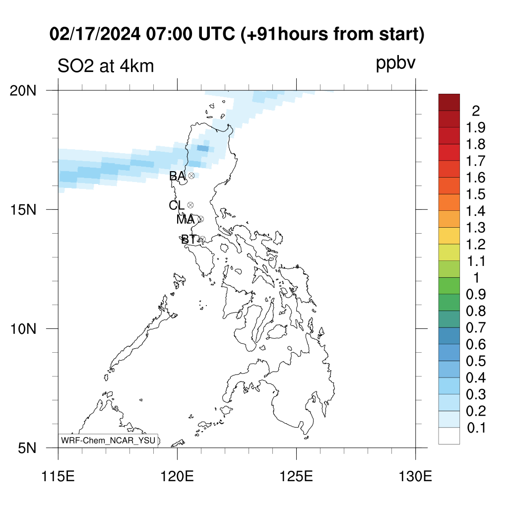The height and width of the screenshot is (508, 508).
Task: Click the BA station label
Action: pyautogui.click(x=177, y=176)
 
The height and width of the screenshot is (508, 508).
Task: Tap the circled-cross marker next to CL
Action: pyautogui.click(x=190, y=205)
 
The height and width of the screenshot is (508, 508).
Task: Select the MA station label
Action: pyautogui.click(x=186, y=219)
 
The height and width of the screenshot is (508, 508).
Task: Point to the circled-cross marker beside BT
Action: pyautogui.click(x=202, y=240)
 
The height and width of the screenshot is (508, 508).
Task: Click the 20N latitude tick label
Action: pyautogui.click(x=23, y=91)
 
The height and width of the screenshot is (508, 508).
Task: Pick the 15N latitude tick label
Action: pyautogui.click(x=23, y=210)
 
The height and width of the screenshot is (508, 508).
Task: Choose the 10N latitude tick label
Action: pyautogui.click(x=23, y=329)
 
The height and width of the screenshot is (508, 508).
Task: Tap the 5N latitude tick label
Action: pyautogui.click(x=27, y=448)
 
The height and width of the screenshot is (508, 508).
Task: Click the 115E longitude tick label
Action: pyautogui.click(x=59, y=477)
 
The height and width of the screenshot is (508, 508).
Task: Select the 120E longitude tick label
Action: pyautogui.click(x=177, y=477)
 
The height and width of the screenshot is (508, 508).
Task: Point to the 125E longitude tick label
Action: pyautogui.click(x=297, y=477)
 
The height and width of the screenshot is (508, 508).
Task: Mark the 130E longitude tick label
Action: pyautogui.click(x=415, y=477)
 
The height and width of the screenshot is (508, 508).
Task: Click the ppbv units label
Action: pyautogui.click(x=395, y=63)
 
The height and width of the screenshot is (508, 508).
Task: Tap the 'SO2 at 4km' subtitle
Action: pyautogui.click(x=106, y=66)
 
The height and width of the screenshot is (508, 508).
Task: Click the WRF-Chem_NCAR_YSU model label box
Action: pyautogui.click(x=108, y=441)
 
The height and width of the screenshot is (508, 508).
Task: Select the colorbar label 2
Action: pyautogui.click(x=476, y=111)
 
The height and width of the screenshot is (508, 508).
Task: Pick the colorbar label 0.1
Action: pyautogui.click(x=476, y=428)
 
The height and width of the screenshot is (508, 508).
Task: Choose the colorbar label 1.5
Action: pyautogui.click(x=476, y=194)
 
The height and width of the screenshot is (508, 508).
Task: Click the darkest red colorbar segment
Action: pyautogui.click(x=449, y=102)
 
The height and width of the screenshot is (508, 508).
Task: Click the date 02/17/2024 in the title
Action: pyautogui.click(x=95, y=34)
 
